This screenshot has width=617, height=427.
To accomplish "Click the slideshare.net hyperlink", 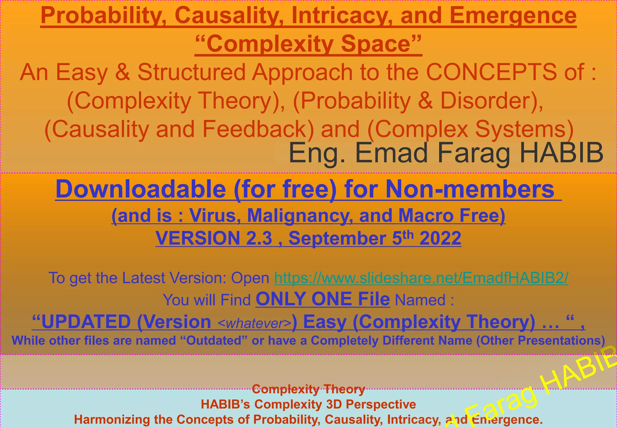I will [421, 278].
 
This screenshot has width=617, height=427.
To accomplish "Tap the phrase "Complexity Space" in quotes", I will [308, 44].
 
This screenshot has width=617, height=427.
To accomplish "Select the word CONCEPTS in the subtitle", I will [491, 72].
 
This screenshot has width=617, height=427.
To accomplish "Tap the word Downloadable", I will [141, 189].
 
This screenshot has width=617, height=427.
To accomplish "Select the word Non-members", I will [470, 189].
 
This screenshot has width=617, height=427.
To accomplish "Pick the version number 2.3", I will [259, 238].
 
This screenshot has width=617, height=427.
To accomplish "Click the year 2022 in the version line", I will [440, 238].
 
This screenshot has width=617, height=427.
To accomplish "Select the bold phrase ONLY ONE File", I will [323, 299].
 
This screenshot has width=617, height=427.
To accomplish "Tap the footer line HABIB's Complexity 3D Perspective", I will [308, 404].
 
